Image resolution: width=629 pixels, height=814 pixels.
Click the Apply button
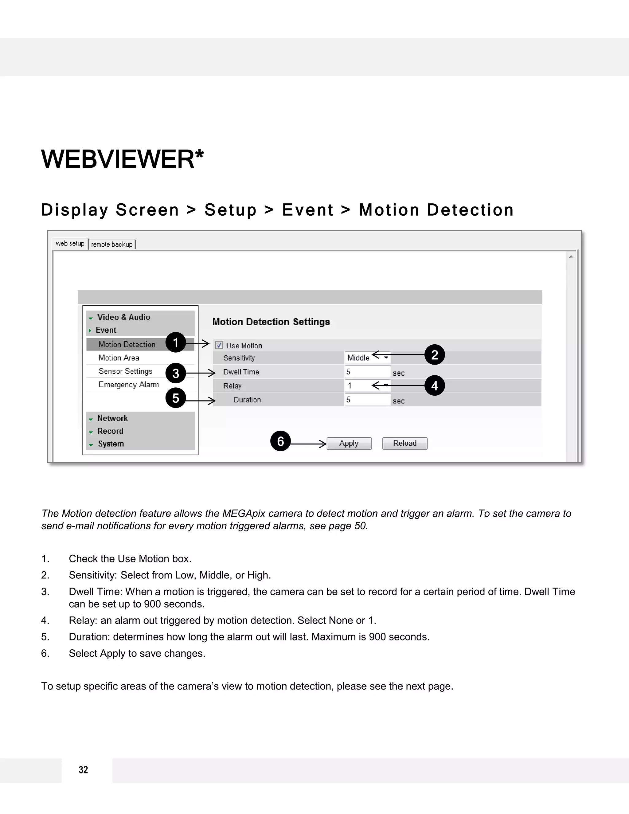click(349, 444)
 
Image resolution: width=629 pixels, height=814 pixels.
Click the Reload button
click(405, 444)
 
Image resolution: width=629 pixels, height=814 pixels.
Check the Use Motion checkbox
click(219, 345)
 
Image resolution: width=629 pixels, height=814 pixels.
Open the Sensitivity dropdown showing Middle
click(367, 358)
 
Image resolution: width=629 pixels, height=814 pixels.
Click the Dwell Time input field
click(367, 372)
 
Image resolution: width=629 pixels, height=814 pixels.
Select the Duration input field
click(367, 400)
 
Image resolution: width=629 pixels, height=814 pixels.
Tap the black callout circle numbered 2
click(435, 355)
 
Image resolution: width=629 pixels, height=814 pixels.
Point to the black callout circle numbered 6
click(280, 441)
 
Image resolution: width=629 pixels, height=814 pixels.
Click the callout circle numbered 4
click(435, 385)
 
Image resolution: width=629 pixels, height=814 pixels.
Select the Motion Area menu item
click(119, 358)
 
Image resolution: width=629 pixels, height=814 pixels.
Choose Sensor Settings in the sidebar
click(125, 371)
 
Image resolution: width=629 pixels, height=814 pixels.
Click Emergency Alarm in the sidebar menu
click(129, 385)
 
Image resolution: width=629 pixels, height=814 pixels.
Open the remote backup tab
click(112, 245)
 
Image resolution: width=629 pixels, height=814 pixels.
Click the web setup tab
click(70, 243)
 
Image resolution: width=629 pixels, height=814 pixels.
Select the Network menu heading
click(112, 418)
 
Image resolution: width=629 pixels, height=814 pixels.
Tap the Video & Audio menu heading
click(123, 317)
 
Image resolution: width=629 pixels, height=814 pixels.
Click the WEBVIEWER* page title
click(123, 159)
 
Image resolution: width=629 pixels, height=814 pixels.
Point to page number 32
click(84, 770)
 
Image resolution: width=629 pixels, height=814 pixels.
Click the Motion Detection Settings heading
click(271, 322)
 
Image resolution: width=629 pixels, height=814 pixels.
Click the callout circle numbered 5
click(175, 398)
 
